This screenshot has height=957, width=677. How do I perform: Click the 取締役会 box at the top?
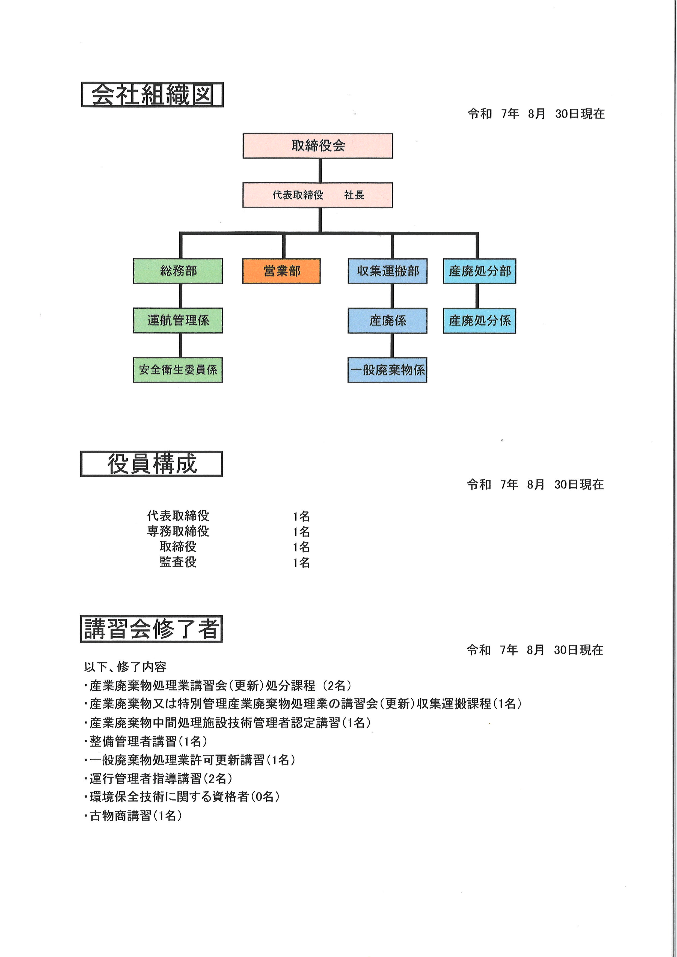pyautogui.click(x=318, y=145)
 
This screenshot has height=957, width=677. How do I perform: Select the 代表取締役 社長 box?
pyautogui.click(x=318, y=195)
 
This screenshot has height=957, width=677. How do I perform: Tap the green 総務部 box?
pyautogui.click(x=178, y=271)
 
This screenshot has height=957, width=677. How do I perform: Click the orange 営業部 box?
pyautogui.click(x=281, y=271)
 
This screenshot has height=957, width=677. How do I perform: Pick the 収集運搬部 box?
pyautogui.click(x=388, y=271)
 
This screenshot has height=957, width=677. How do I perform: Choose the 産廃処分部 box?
pyautogui.click(x=479, y=271)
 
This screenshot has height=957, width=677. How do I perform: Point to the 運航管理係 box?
pyautogui.click(x=178, y=321)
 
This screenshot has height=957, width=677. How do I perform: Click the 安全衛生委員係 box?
pyautogui.click(x=178, y=370)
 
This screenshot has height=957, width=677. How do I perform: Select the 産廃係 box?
pyautogui.click(x=388, y=321)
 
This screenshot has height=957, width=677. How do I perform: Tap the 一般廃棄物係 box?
pyautogui.click(x=388, y=370)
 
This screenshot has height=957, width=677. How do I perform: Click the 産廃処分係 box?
pyautogui.click(x=479, y=321)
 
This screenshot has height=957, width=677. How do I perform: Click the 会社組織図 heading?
pyautogui.click(x=152, y=95)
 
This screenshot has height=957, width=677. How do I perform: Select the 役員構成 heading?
pyautogui.click(x=152, y=464)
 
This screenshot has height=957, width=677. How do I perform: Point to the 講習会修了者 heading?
pyautogui.click(x=151, y=629)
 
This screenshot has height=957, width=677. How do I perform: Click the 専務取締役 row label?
pyautogui.click(x=178, y=531)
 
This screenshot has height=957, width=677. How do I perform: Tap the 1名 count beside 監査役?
pyautogui.click(x=301, y=563)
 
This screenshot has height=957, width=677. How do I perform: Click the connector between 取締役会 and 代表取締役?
pyautogui.click(x=320, y=171)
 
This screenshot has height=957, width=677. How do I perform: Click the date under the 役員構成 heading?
pyautogui.click(x=535, y=484)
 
